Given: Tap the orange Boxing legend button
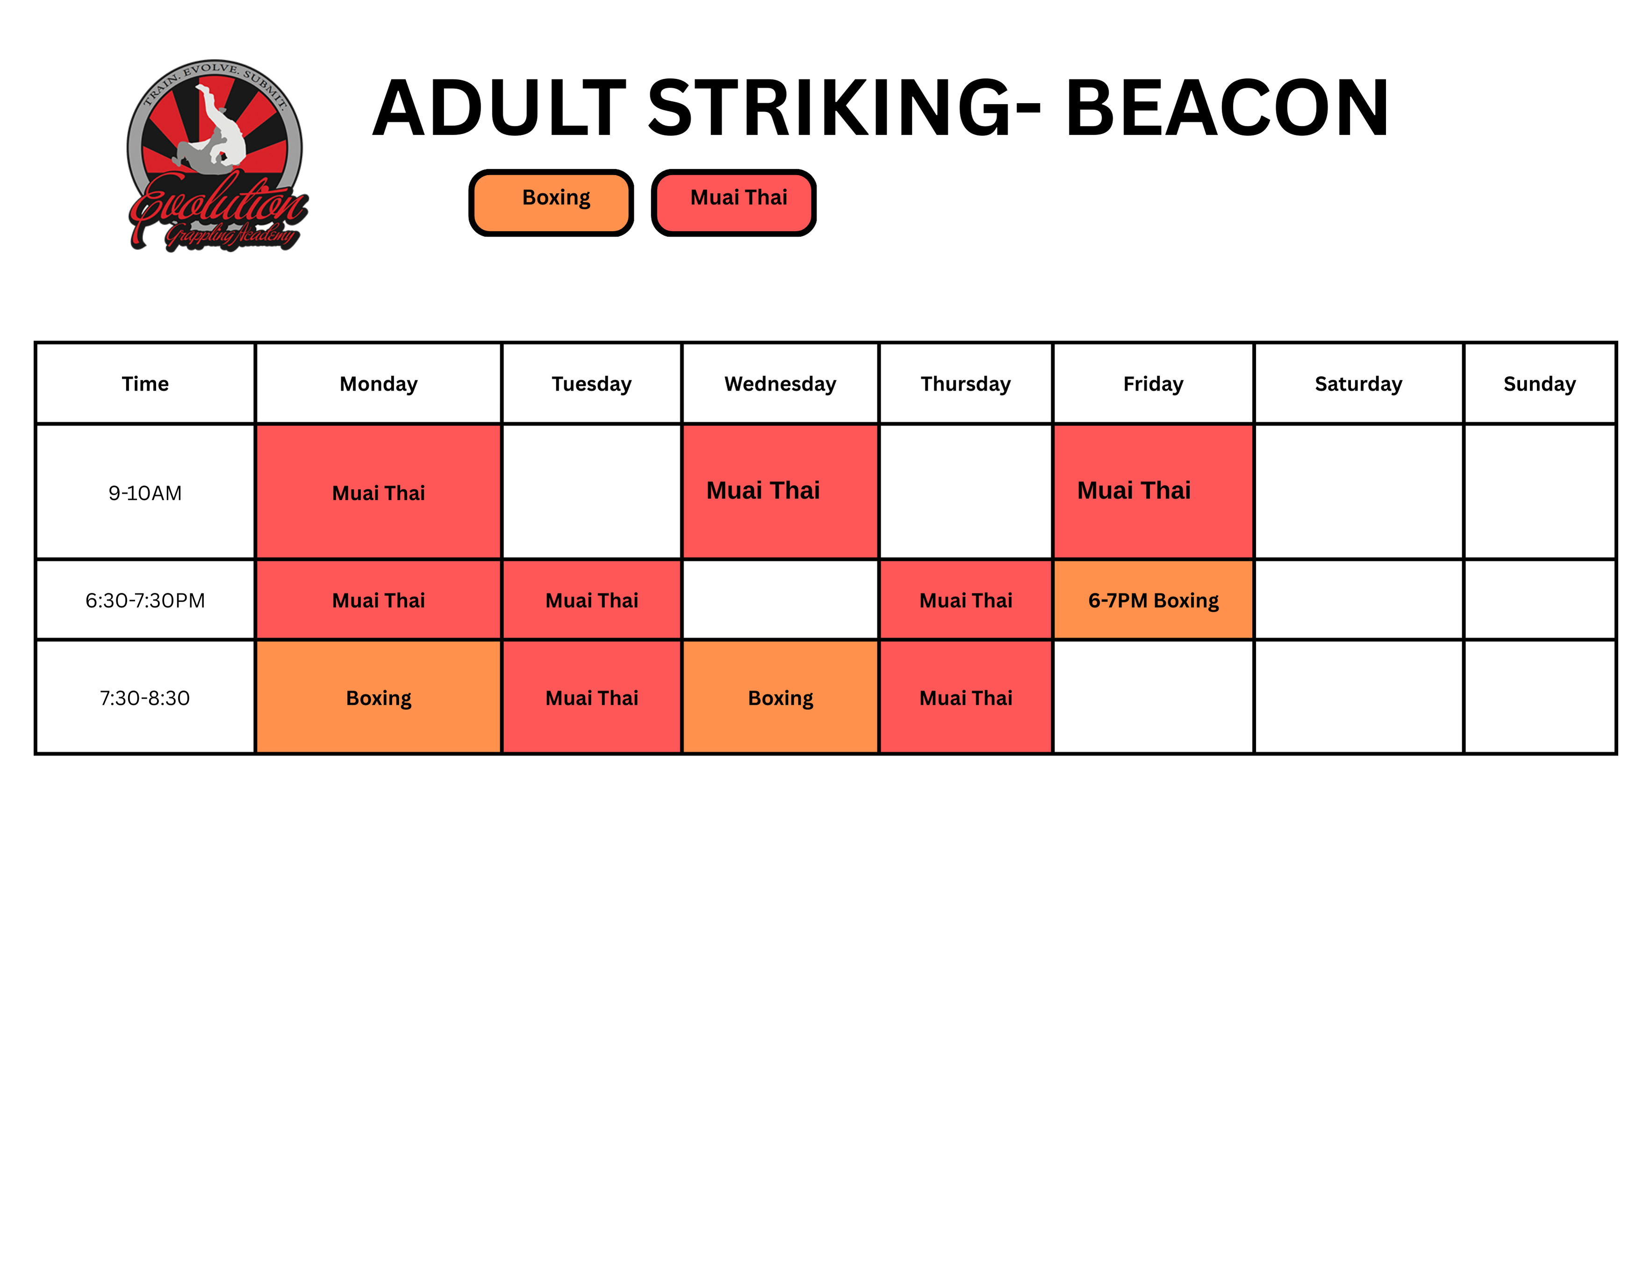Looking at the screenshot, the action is click(551, 203).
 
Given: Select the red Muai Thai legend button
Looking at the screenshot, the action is click(734, 203).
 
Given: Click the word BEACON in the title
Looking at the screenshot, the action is click(1227, 108).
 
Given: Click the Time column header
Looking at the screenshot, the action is click(145, 383).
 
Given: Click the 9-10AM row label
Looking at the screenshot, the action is click(145, 493).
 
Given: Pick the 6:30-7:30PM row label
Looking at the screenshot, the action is click(145, 600).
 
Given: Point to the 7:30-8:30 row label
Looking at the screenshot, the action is click(145, 698).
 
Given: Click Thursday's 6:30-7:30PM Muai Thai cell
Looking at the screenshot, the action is click(966, 600).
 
